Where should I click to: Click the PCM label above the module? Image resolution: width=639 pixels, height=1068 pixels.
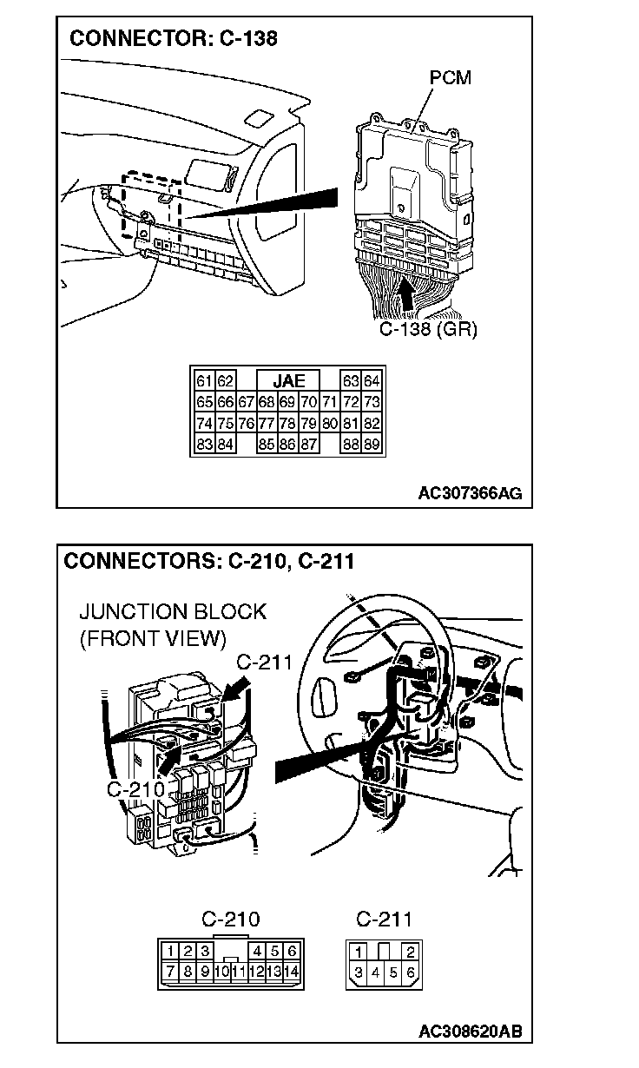[x=451, y=78]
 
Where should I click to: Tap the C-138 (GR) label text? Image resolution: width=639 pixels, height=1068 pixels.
[x=429, y=330]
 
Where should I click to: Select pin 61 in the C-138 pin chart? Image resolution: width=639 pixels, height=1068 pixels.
[x=205, y=381]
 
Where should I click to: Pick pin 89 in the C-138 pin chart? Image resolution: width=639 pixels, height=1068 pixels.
[x=372, y=445]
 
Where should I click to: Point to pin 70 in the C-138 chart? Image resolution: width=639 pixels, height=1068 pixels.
[x=308, y=402]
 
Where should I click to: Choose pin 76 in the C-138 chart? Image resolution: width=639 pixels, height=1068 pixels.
[x=247, y=424]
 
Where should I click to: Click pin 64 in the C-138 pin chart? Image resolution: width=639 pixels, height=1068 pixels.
[x=372, y=381]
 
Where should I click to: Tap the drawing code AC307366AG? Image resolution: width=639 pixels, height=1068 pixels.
[x=470, y=494]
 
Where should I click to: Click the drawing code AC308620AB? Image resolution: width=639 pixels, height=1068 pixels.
[x=470, y=1032]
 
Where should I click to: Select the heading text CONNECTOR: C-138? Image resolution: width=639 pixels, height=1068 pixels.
[x=174, y=38]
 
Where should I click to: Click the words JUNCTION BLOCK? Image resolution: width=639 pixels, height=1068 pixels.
[x=173, y=612]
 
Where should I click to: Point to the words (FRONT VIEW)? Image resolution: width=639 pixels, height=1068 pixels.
[x=153, y=640]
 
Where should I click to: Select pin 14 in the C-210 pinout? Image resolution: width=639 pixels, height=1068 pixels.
[x=291, y=971]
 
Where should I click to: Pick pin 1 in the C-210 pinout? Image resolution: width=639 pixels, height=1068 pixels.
[x=173, y=952]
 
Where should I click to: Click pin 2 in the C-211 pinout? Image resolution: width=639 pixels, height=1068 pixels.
[x=411, y=953]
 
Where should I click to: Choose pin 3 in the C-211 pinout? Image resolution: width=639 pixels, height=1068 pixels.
[x=359, y=972]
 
